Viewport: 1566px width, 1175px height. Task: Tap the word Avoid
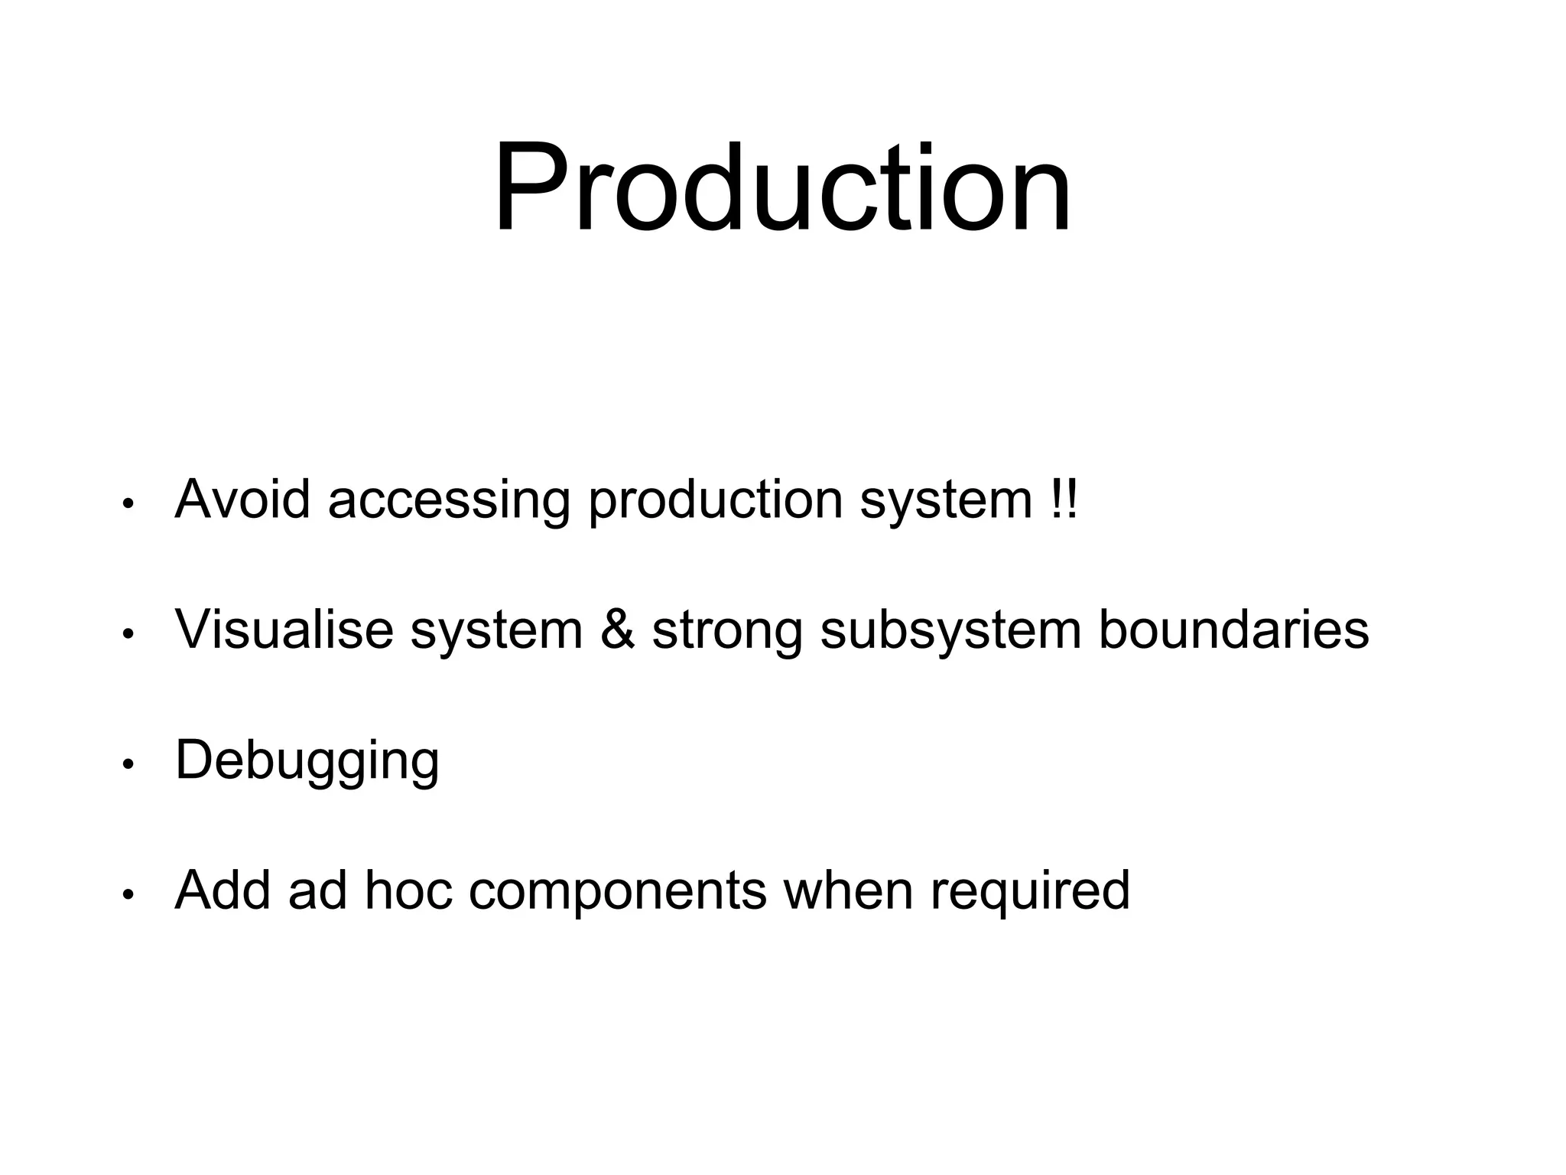[x=242, y=500]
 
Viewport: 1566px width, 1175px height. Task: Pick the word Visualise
[x=284, y=630]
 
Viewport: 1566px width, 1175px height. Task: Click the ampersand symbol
[x=617, y=630]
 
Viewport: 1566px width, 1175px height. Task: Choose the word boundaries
[x=1233, y=630]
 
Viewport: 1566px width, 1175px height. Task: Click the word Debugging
[x=307, y=762]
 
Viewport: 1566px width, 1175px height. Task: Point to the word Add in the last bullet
[x=223, y=890]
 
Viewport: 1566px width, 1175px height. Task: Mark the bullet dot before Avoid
[x=128, y=504]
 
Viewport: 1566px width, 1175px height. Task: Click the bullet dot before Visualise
[x=128, y=634]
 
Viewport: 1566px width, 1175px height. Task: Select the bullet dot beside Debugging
[x=128, y=764]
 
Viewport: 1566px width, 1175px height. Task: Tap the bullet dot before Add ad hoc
[x=128, y=894]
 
